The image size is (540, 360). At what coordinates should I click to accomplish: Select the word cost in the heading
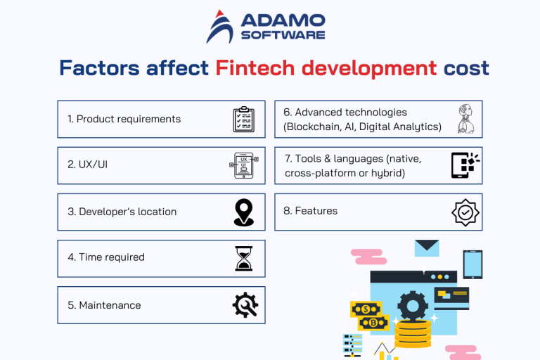[466, 68]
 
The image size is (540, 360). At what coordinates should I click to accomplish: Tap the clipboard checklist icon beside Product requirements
[243, 120]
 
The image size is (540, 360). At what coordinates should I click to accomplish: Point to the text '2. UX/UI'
[88, 165]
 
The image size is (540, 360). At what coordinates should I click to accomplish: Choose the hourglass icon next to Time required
[243, 258]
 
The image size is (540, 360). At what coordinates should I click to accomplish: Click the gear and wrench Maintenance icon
[245, 305]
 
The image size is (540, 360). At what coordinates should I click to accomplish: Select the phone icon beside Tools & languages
[464, 165]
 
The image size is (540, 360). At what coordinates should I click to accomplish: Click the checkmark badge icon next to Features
[465, 212]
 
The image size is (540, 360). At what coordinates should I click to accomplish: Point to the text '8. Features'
[311, 211]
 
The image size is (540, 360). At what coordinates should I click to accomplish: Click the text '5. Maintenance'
[104, 305]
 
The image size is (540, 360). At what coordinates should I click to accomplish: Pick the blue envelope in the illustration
[426, 248]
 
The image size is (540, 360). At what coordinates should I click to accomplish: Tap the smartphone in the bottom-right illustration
[472, 264]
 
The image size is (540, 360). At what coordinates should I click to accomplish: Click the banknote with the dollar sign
[366, 309]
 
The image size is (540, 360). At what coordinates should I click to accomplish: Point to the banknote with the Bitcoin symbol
[373, 323]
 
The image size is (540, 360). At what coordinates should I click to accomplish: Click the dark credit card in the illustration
[451, 298]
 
